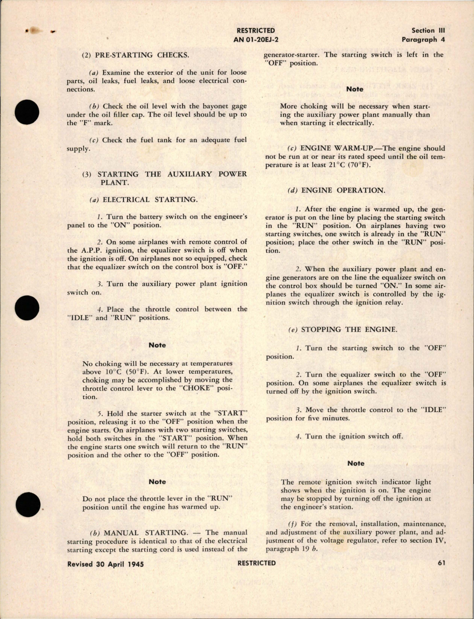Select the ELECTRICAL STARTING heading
tap(150, 200)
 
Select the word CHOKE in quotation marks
tap(194, 388)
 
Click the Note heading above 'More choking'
tap(355, 89)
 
